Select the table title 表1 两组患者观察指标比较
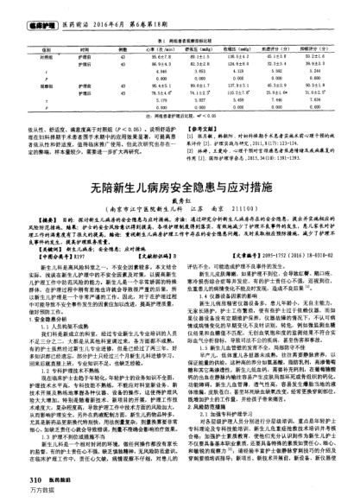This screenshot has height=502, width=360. point(180,40)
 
